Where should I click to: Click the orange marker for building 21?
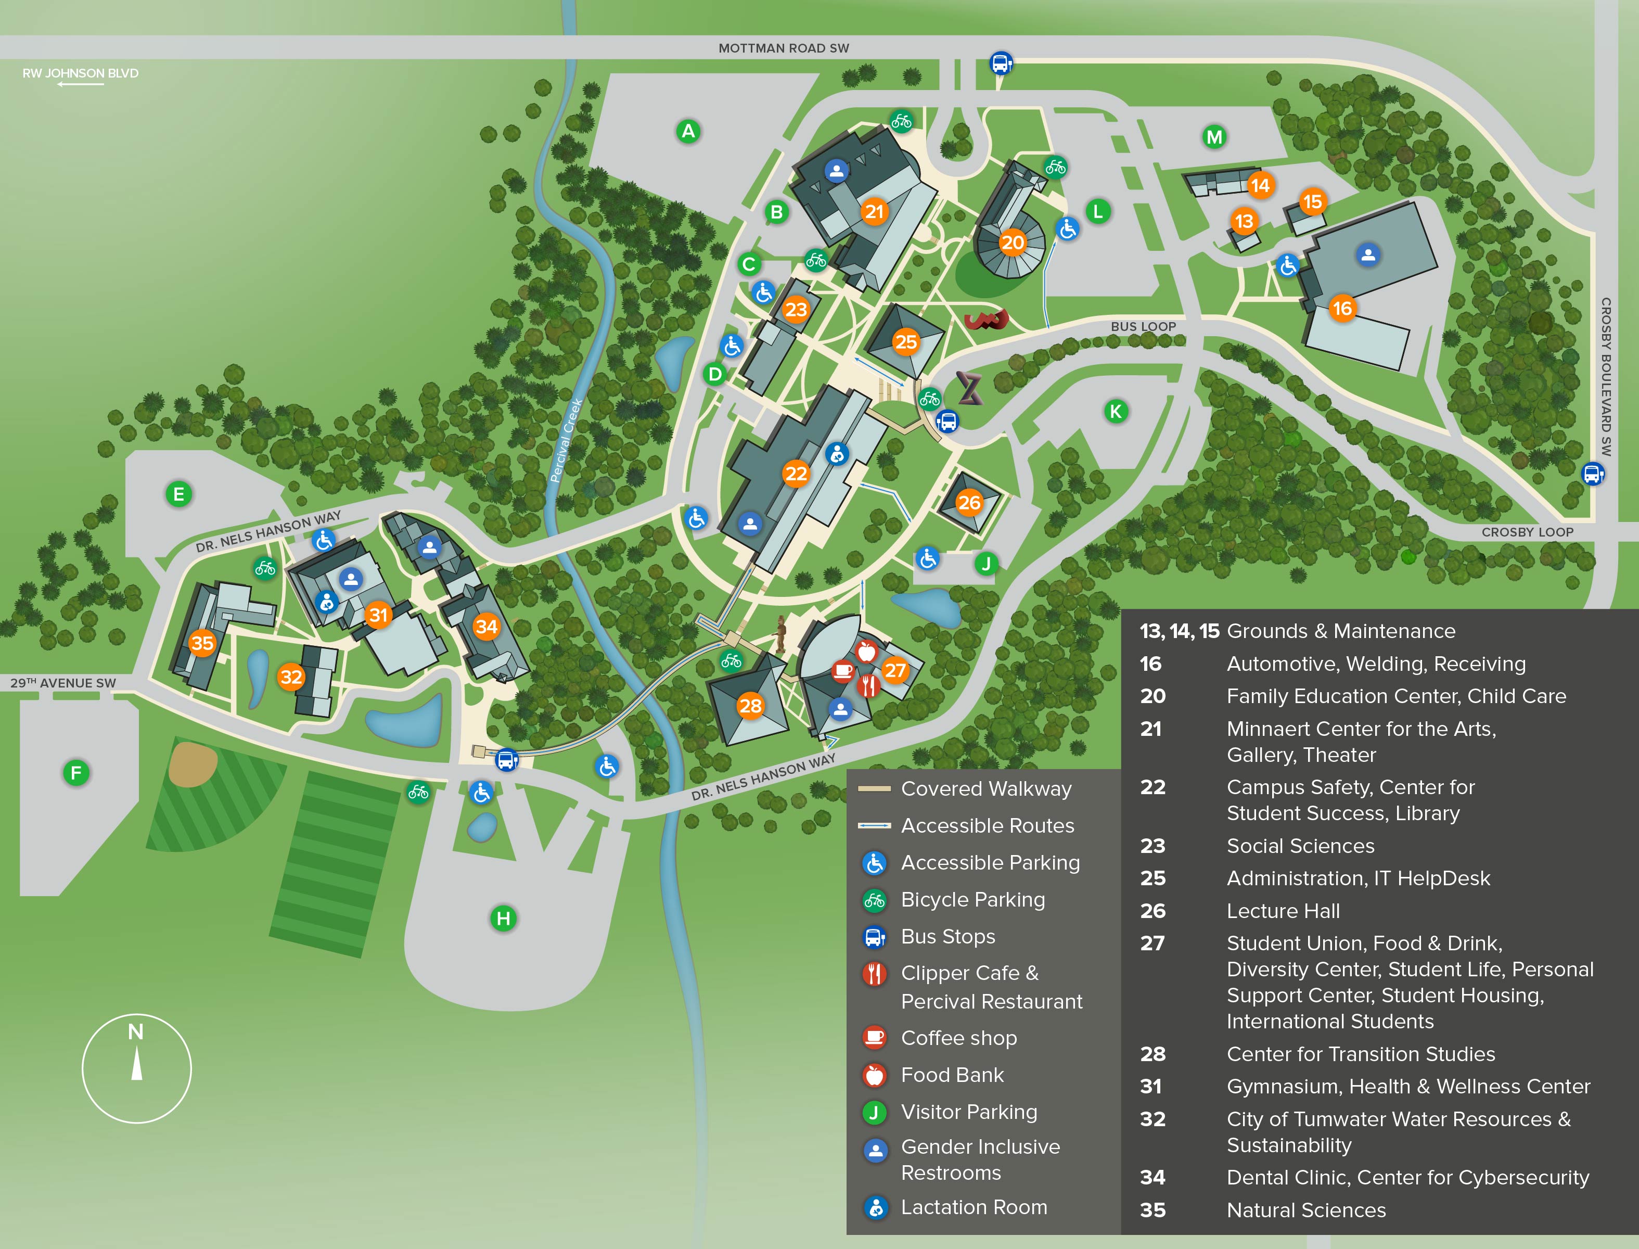[x=874, y=212]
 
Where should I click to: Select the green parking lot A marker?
[x=688, y=132]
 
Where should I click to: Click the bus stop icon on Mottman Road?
[x=1001, y=63]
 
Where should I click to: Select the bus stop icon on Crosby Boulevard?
[x=1592, y=474]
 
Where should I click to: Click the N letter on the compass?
[x=135, y=1032]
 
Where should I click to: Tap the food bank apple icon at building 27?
[x=867, y=652]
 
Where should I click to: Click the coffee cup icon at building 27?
[x=842, y=671]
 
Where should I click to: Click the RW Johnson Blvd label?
[x=80, y=73]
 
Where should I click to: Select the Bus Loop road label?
[x=1143, y=326]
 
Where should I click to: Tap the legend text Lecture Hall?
[x=1283, y=911]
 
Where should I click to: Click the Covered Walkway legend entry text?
[x=985, y=789]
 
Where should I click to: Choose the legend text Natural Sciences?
[x=1306, y=1210]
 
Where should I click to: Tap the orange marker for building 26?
[x=968, y=503]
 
